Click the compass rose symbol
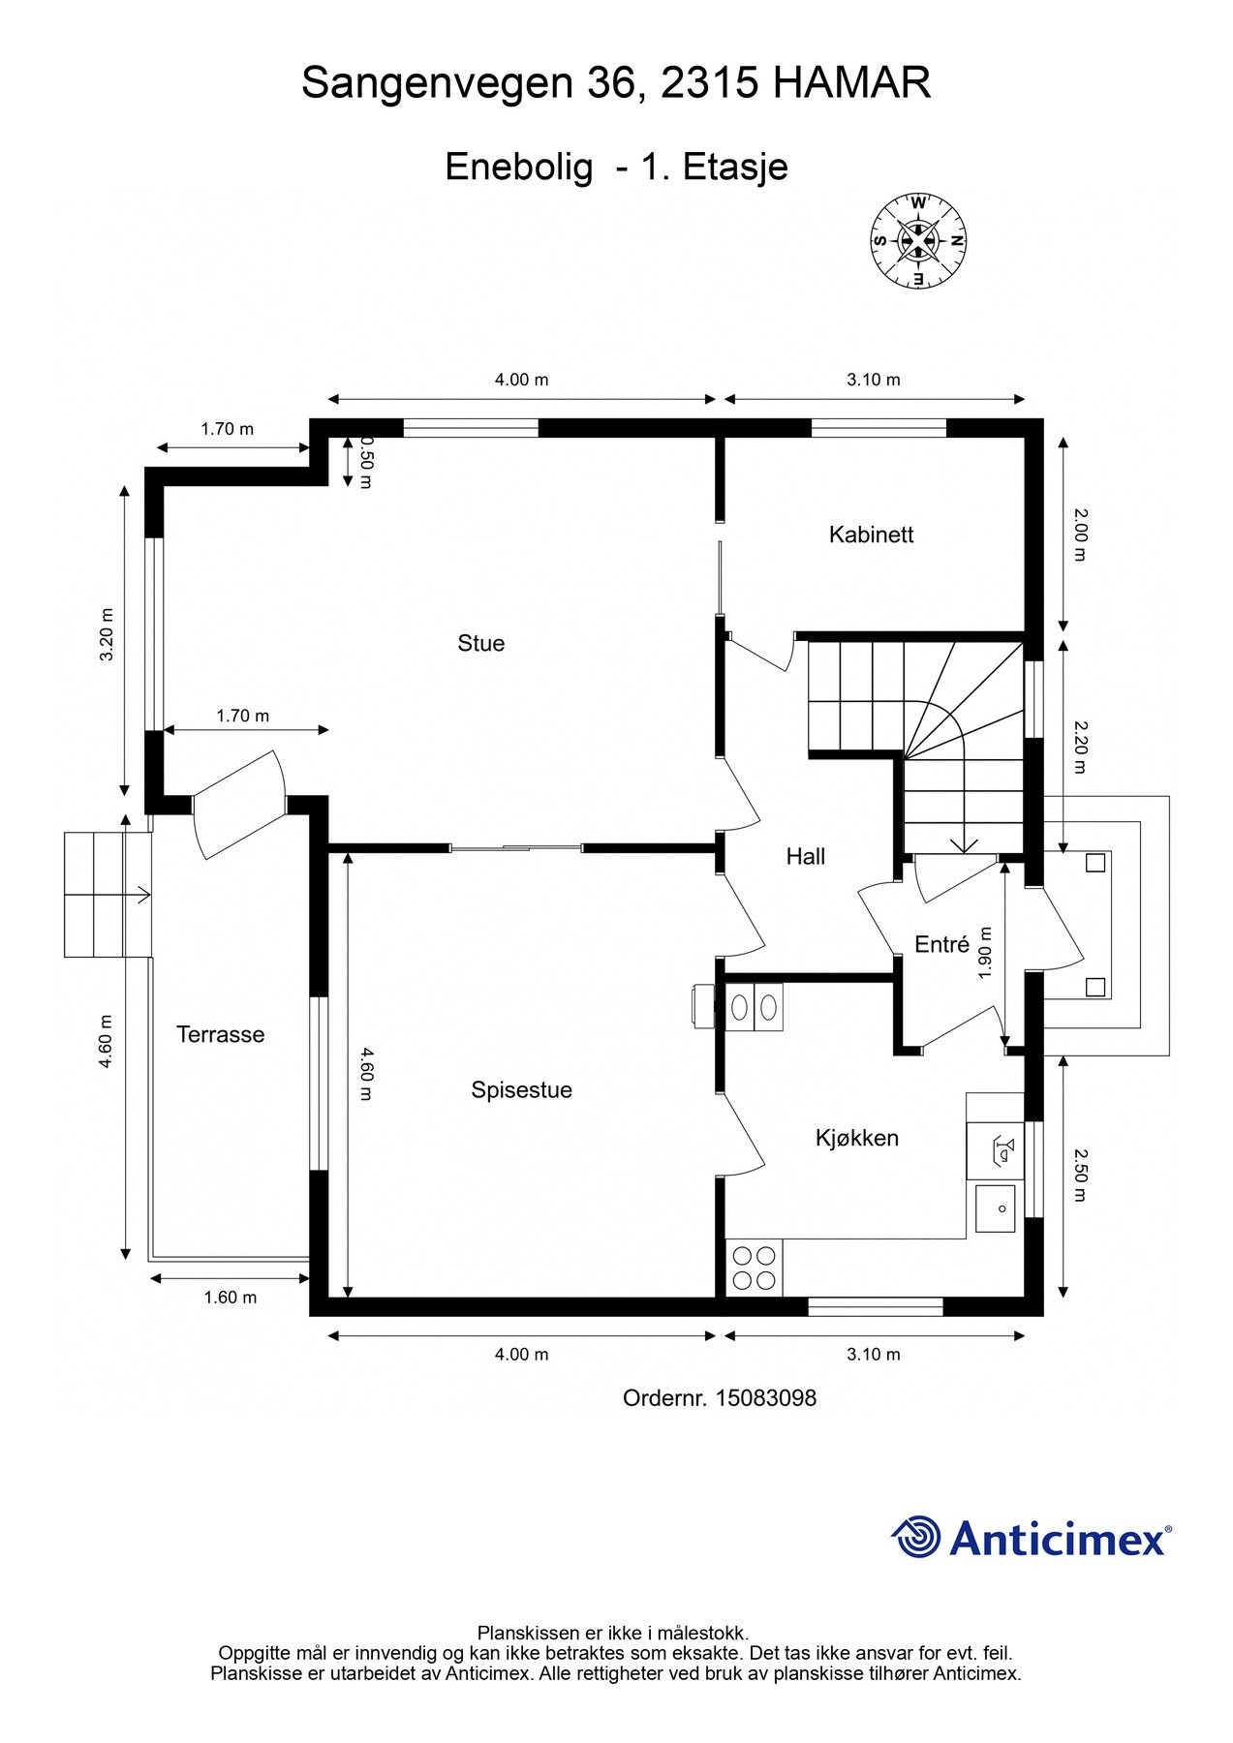[x=918, y=241]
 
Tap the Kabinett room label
[x=871, y=535]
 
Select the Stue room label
[x=481, y=644]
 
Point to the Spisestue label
[x=521, y=1090]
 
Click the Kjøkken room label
[x=856, y=1139]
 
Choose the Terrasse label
[x=220, y=1034]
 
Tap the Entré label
[x=942, y=944]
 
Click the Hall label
[x=806, y=856]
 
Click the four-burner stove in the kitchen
[x=755, y=1269]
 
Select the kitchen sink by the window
[x=995, y=1208]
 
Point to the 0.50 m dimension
[x=366, y=461]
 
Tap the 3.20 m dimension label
[x=108, y=634]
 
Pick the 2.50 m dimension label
[x=1081, y=1175]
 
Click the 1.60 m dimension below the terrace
[x=231, y=1298]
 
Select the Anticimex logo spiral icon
[x=916, y=1538]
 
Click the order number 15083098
[x=765, y=1398]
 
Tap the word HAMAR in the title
[x=852, y=83]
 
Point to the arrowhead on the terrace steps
[x=144, y=895]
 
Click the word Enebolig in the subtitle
[x=519, y=168]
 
